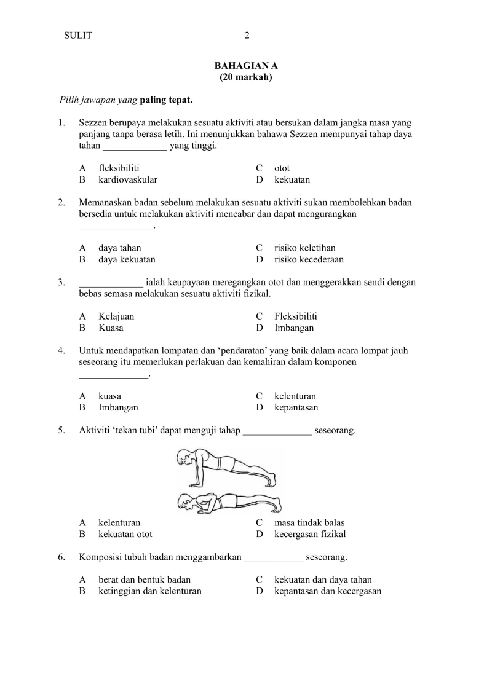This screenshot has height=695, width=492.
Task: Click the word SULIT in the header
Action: pos(78,36)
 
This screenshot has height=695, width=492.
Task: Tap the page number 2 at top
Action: pos(247,36)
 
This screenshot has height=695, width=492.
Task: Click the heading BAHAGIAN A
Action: pos(245,66)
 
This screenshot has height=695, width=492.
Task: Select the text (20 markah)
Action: pos(245,77)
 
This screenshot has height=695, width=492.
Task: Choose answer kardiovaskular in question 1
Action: pos(127,180)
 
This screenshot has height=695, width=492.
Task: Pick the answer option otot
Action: pos(282,168)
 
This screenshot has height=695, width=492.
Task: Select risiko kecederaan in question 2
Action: pos(309,260)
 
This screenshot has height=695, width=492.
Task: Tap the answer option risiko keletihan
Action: pos(304,248)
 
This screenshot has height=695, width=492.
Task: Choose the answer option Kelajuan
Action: pos(116,316)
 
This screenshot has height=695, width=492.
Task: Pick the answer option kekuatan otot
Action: pos(125,535)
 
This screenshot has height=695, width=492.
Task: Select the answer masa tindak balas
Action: pos(309,523)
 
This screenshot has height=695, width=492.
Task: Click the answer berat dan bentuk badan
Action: pos(144,580)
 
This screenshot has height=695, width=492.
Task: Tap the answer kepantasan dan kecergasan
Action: pos(327,592)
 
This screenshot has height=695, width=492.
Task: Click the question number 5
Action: pos(61,430)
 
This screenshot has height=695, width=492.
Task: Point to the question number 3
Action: pos(61,283)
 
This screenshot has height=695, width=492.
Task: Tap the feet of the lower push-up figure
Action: pos(276,505)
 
